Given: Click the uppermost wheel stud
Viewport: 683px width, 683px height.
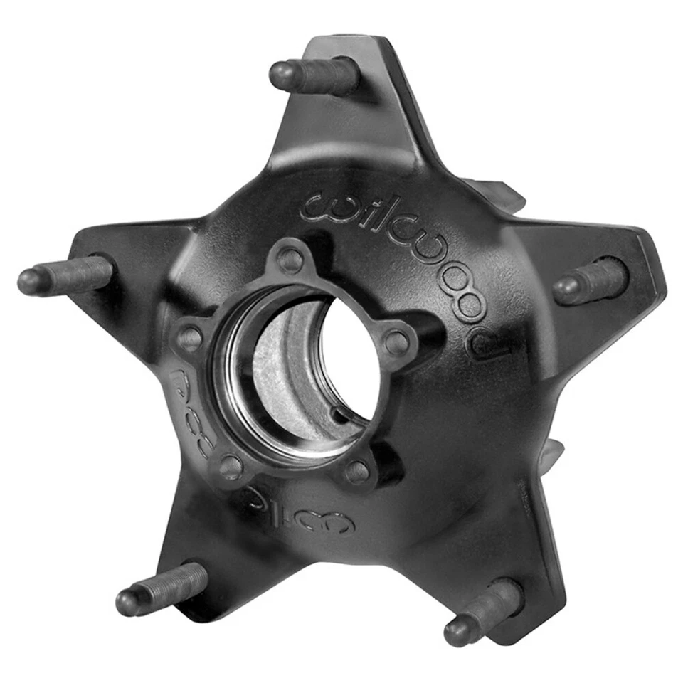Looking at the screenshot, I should [314, 75].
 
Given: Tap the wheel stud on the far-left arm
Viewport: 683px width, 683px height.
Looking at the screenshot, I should [65, 275].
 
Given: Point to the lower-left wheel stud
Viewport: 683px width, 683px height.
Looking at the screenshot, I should [161, 589].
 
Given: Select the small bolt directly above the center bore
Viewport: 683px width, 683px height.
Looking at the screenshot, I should [290, 260].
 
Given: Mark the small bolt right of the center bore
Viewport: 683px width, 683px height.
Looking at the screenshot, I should [397, 343].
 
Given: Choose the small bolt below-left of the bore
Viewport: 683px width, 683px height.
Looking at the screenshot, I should [231, 465].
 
